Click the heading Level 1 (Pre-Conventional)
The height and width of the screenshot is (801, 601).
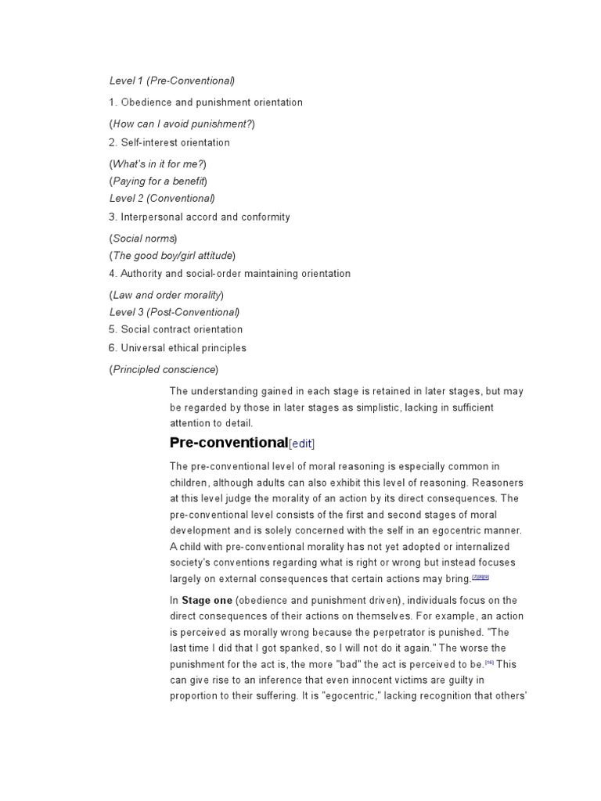click(x=171, y=81)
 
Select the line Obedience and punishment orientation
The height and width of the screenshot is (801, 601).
click(x=205, y=102)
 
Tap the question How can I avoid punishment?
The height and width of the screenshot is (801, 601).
click(x=182, y=124)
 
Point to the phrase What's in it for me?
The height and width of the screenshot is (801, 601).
click(x=159, y=163)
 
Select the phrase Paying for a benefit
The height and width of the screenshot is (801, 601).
click(x=158, y=181)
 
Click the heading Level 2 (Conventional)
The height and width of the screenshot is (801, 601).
click(x=161, y=198)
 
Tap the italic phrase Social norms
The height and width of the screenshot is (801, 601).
click(x=143, y=238)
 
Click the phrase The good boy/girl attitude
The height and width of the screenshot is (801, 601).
click(x=172, y=255)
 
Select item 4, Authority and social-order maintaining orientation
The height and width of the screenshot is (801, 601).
click(x=229, y=274)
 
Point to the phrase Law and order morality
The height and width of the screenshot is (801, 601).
click(x=167, y=295)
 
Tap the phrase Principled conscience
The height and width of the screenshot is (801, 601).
click(x=164, y=369)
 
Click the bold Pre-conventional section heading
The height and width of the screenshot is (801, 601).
click(x=229, y=443)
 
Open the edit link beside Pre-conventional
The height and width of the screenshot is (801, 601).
click(x=302, y=444)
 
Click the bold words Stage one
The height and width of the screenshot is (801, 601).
click(x=207, y=601)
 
